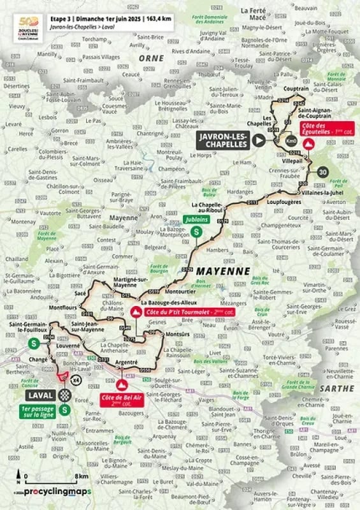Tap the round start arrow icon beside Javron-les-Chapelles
pyautogui.click(x=258, y=141)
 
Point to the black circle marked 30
pyautogui.click(x=323, y=172)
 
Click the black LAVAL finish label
pyautogui.click(x=38, y=395)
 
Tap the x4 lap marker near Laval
pyautogui.click(x=76, y=381)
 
